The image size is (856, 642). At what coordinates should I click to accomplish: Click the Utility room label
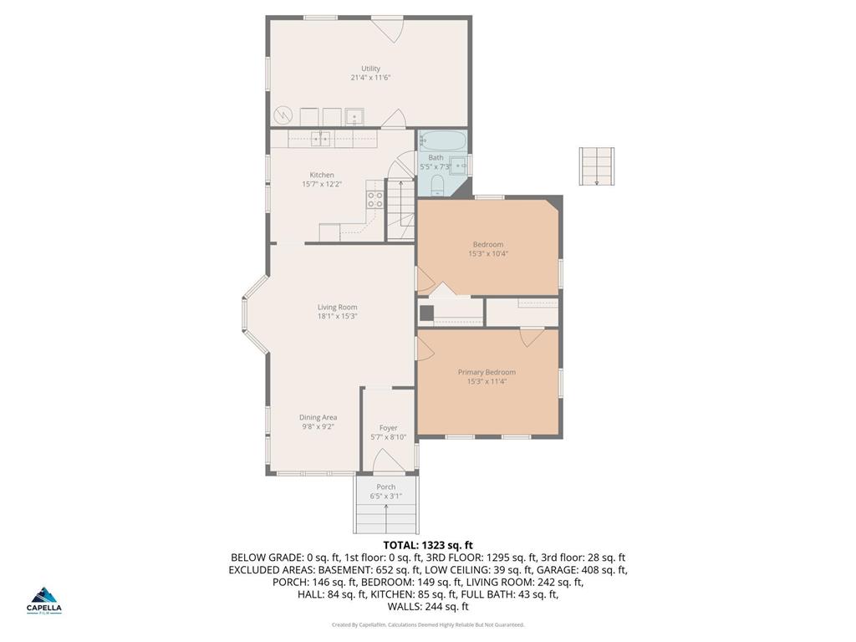(370, 69)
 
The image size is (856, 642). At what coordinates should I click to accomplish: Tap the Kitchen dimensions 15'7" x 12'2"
(322, 184)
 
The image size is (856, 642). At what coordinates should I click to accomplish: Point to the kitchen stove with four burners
(375, 199)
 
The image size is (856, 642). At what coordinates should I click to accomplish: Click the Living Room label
(337, 307)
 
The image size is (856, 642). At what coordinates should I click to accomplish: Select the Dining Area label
(318, 417)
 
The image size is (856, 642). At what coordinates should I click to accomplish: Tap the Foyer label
(388, 428)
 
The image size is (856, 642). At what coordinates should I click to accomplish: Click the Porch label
(385, 487)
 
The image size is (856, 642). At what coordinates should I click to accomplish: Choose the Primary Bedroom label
(487, 372)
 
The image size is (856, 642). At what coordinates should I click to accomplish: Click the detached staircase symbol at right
(597, 166)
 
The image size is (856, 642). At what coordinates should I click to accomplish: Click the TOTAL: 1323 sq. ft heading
(427, 545)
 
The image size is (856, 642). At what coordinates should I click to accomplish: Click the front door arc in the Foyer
(387, 459)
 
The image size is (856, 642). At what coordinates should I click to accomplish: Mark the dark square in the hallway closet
(426, 313)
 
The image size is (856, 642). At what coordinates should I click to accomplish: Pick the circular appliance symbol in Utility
(283, 115)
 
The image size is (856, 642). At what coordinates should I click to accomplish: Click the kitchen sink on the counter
(321, 138)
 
